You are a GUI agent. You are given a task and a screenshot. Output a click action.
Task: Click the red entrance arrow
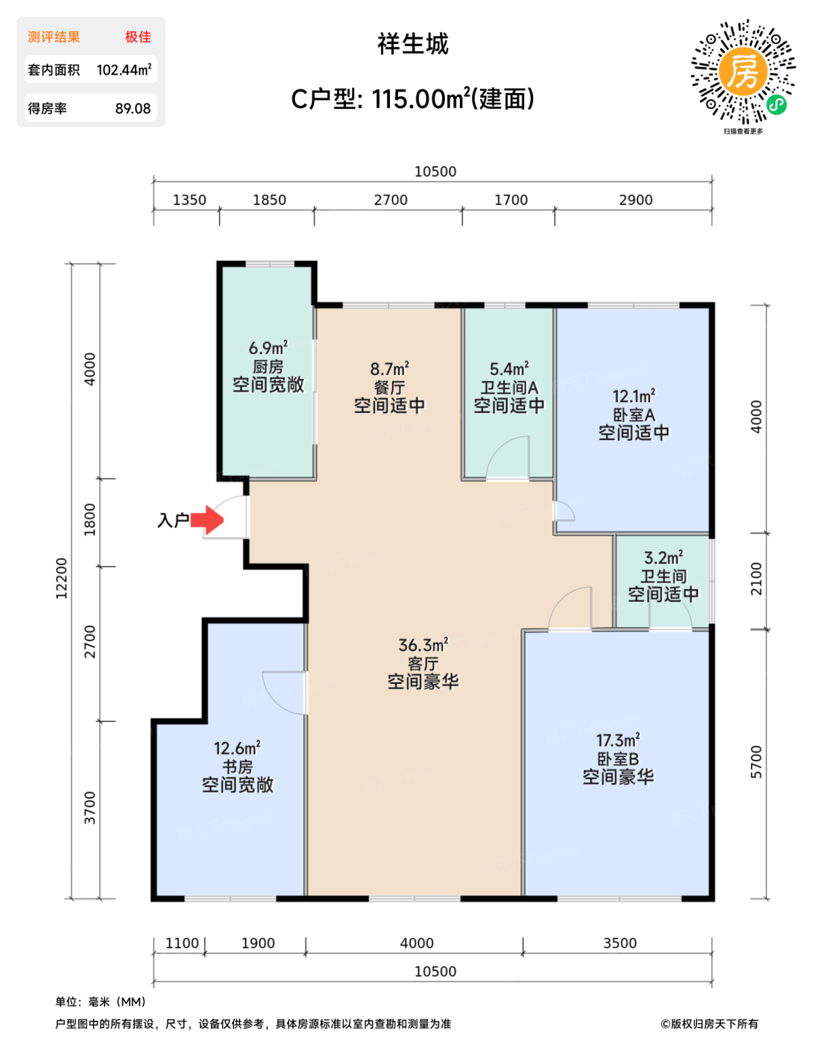click(x=207, y=520)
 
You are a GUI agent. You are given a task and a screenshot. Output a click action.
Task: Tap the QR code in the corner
click(x=743, y=72)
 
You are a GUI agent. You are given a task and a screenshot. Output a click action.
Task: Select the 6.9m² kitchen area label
click(x=268, y=348)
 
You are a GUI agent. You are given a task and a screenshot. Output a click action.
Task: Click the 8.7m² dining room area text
click(x=389, y=368)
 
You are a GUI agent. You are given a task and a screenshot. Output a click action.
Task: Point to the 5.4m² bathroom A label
click(x=508, y=368)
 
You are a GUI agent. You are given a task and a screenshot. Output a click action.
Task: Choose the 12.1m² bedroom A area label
click(x=634, y=396)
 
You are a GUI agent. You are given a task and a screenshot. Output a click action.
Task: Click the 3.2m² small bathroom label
click(x=663, y=557)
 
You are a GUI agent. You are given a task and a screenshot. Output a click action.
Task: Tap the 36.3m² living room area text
click(x=423, y=645)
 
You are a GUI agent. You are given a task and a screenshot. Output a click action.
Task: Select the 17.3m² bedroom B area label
click(x=618, y=740)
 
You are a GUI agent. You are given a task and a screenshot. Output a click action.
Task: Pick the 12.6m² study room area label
click(x=237, y=748)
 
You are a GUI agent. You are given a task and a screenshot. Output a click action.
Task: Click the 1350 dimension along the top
click(x=189, y=200)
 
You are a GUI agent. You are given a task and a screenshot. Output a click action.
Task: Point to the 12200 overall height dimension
click(x=61, y=578)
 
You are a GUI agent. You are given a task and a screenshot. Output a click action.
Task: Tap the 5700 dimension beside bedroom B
click(x=756, y=762)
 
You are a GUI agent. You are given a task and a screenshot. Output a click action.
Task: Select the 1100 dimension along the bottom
click(x=182, y=943)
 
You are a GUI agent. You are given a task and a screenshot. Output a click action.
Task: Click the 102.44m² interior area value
click(x=124, y=70)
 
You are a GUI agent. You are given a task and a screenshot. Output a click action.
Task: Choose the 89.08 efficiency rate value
click(x=133, y=108)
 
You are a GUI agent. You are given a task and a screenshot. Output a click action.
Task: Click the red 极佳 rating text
click(x=138, y=37)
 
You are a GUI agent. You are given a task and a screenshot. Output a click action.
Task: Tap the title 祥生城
click(x=413, y=44)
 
